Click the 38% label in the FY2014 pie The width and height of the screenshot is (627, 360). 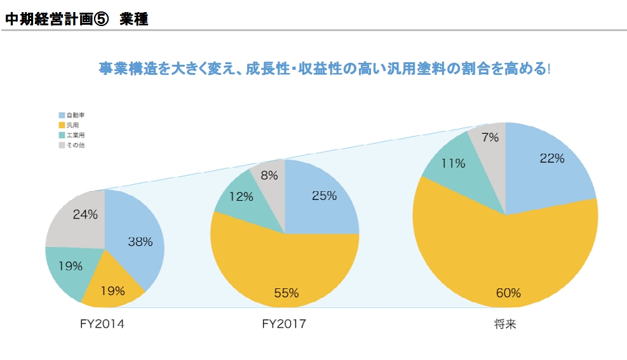pyautogui.click(x=140, y=241)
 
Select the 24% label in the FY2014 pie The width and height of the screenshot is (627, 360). pyautogui.click(x=85, y=215)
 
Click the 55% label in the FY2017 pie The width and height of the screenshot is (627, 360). pyautogui.click(x=286, y=293)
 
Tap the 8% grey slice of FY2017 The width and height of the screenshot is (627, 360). pyautogui.click(x=269, y=176)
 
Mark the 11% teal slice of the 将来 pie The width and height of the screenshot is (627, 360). pyautogui.click(x=452, y=163)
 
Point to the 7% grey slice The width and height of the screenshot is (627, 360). pyautogui.click(x=490, y=137)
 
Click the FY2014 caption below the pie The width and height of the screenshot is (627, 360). pyautogui.click(x=102, y=324)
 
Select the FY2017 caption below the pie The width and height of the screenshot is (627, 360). pyautogui.click(x=284, y=324)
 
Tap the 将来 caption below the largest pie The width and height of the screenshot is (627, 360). pyautogui.click(x=506, y=324)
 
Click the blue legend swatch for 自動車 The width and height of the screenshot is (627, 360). pyautogui.click(x=62, y=115)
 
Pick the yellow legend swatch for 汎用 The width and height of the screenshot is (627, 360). pyautogui.click(x=62, y=125)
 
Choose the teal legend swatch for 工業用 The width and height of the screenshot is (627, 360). pyautogui.click(x=62, y=135)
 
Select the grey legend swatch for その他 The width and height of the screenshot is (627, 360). pyautogui.click(x=62, y=145)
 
